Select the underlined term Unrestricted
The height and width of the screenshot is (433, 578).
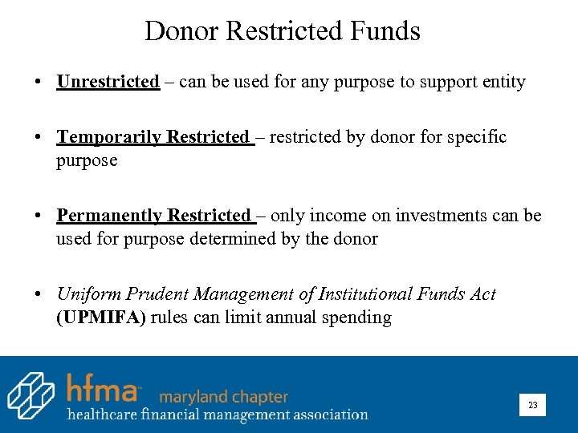(x=108, y=82)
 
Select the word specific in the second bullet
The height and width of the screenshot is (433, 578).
(x=477, y=137)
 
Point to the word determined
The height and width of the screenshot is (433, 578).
(x=226, y=239)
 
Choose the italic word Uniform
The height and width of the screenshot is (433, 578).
(x=85, y=294)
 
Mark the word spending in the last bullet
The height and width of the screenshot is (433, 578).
(x=357, y=318)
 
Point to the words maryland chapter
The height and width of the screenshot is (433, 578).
(x=223, y=397)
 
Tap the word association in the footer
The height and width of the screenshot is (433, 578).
(x=324, y=415)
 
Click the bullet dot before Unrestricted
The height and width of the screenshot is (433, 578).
(x=38, y=83)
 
